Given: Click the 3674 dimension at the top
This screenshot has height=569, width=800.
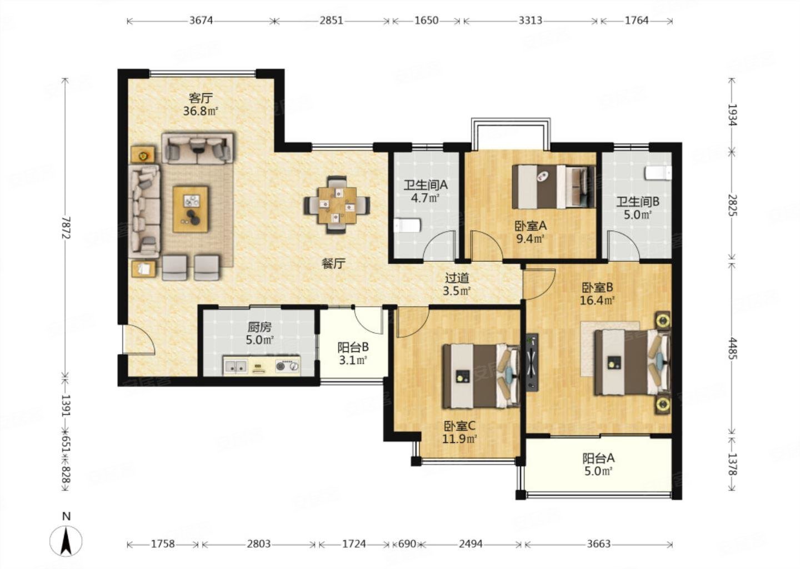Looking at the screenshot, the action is (x=201, y=21).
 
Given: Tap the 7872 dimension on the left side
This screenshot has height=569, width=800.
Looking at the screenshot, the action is (x=66, y=227).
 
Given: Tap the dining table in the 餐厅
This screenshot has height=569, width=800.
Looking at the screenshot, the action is (x=337, y=204).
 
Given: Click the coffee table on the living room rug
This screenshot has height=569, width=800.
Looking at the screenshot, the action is (x=191, y=209).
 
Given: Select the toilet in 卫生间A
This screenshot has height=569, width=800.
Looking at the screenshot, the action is (x=408, y=226).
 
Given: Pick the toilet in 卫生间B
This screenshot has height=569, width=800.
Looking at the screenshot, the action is (x=658, y=173).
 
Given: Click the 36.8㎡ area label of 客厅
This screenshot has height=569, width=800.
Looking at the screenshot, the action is (x=201, y=111).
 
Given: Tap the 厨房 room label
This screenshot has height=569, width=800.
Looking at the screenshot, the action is (x=259, y=327).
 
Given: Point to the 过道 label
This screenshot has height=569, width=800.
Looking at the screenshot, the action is (x=457, y=278).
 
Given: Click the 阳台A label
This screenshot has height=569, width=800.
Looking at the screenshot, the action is (x=598, y=458).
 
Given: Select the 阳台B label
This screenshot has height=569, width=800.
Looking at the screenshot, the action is (x=353, y=347).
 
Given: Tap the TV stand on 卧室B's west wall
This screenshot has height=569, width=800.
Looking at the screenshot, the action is (x=532, y=362).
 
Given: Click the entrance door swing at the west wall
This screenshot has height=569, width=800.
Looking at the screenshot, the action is (x=138, y=340).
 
